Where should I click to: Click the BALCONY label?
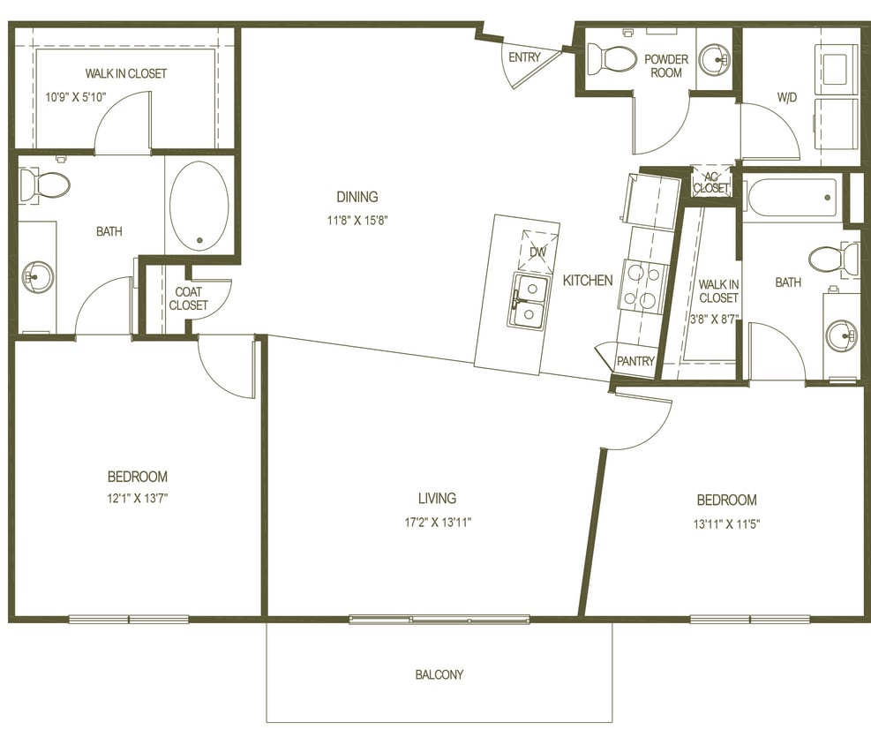coord(439,674)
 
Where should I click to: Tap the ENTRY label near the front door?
coord(524,57)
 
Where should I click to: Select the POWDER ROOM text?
coord(665,66)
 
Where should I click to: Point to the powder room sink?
coord(714,59)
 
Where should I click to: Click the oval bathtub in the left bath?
coord(199,206)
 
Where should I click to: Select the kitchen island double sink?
coord(529,301)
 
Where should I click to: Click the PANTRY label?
coord(635,361)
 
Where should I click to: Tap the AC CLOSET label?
coord(711,182)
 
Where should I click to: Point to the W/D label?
coord(786,97)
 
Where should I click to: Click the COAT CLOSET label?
coord(188,298)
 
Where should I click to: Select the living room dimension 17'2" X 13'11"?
coord(438,522)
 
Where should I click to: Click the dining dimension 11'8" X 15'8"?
coord(357,220)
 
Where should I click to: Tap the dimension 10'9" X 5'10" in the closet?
coord(76,96)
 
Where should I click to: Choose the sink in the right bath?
coord(841,335)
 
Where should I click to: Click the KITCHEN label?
coord(588,281)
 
